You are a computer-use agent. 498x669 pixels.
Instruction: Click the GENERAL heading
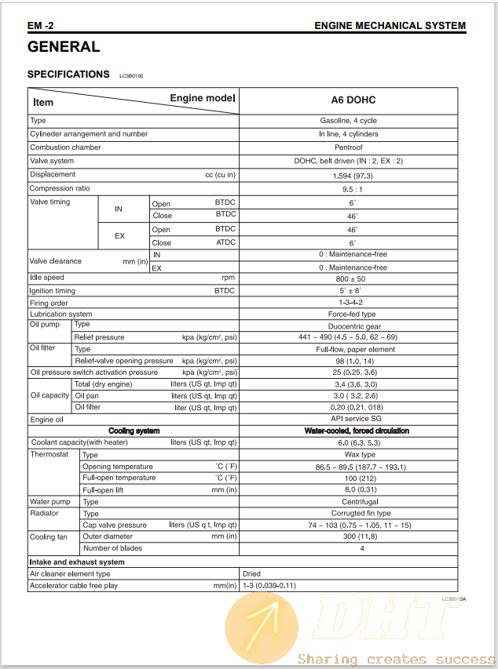pyautogui.click(x=64, y=47)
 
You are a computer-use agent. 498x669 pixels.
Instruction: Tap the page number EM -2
pyautogui.click(x=41, y=25)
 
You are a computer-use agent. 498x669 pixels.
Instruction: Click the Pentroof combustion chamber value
pyautogui.click(x=348, y=147)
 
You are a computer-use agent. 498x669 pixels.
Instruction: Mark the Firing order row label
pyautogui.click(x=49, y=303)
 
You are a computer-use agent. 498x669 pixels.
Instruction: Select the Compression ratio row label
pyautogui.click(x=60, y=188)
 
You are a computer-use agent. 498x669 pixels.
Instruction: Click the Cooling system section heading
pyautogui.click(x=134, y=431)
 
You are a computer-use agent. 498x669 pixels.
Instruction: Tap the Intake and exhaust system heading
pyautogui.click(x=77, y=562)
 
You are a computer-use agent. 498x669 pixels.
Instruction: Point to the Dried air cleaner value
pyautogui.click(x=251, y=574)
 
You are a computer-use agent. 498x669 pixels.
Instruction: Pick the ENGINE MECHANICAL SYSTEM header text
pyautogui.click(x=390, y=25)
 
